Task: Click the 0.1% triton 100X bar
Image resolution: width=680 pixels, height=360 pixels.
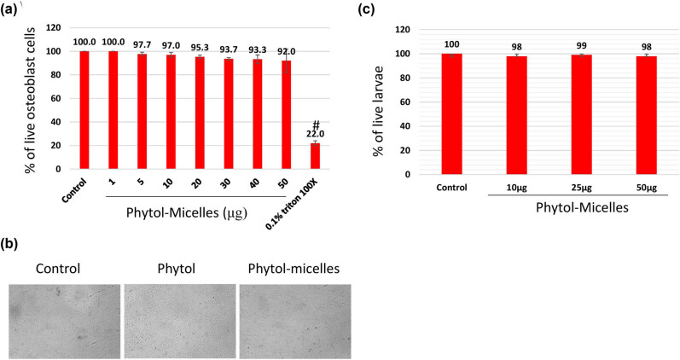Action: coord(315,156)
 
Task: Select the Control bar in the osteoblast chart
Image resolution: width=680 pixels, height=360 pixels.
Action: coord(84,110)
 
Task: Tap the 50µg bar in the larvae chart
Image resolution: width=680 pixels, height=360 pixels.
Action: coord(646,115)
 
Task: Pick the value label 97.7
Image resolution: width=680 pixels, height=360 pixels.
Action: coord(142,45)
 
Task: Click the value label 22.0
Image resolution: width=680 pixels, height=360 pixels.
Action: coord(316,134)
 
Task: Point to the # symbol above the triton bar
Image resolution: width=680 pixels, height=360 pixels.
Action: coord(316,125)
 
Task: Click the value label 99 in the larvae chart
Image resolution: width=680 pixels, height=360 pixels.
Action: coord(582,46)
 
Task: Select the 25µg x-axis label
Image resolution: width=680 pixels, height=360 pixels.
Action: coord(582,188)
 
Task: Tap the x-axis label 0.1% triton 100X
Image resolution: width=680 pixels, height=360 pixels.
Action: coord(293,204)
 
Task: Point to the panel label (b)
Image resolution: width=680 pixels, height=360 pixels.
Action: coord(9,244)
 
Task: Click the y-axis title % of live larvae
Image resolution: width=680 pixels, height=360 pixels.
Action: coord(378,111)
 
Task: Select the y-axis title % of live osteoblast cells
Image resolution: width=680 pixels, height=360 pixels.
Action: coord(31,100)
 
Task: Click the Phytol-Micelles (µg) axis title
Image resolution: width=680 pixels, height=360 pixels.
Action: coord(187,213)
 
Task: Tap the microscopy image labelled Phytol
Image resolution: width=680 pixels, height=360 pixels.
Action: coord(180,322)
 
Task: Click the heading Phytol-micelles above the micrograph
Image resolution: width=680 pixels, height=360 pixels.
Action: coord(294,269)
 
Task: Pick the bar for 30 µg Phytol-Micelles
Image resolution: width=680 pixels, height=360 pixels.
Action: coord(229,113)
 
